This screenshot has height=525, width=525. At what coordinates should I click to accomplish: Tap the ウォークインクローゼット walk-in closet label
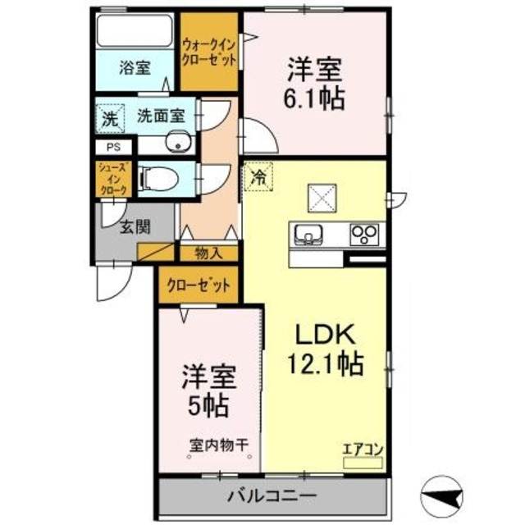click(209, 52)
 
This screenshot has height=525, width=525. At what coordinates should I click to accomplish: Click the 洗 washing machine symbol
click(109, 117)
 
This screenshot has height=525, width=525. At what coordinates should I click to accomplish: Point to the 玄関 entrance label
click(136, 226)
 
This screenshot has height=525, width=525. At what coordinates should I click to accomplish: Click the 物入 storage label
click(209, 254)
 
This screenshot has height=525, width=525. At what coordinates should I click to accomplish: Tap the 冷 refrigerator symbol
click(257, 176)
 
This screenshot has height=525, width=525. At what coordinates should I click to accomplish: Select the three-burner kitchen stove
click(363, 234)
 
